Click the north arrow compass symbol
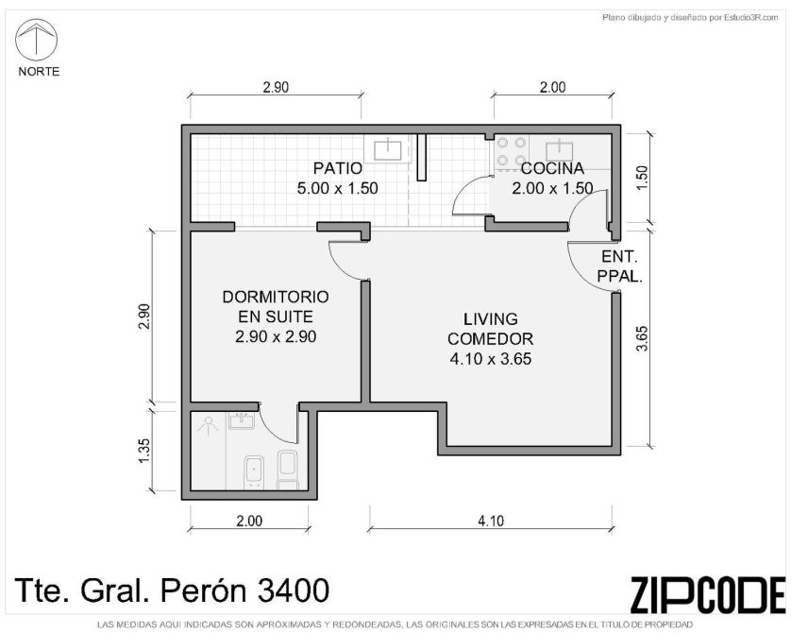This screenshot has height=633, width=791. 36,40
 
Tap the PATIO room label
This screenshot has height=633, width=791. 338,168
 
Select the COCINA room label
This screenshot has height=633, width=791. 552,168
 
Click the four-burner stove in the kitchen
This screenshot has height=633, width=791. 512,151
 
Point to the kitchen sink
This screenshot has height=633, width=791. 560,150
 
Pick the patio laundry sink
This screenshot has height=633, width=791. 387,150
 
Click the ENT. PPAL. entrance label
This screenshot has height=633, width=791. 619,266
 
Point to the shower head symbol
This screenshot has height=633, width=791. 208,424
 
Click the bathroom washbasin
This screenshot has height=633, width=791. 242,420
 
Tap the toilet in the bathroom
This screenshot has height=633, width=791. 288,470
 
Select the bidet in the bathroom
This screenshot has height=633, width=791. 254,472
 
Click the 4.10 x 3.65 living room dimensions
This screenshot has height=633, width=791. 490,359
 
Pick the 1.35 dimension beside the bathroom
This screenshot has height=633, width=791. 144,449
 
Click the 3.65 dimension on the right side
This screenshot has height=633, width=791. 642,338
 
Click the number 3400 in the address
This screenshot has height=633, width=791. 294,590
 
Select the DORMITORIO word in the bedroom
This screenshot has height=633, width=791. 276,297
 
